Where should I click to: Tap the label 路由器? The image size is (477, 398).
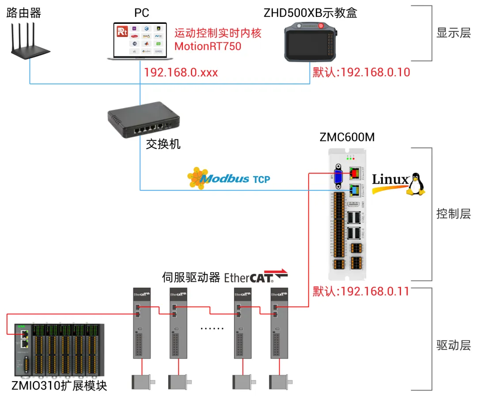tap(24, 13)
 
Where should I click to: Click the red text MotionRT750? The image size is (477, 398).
tap(208, 45)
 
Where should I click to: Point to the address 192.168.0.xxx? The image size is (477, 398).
tap(181, 72)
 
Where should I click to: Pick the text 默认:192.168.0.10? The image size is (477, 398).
tap(361, 72)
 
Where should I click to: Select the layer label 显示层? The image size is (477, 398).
tap(454, 33)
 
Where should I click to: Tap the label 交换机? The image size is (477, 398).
tap(163, 144)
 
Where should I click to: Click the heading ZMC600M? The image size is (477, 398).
tap(347, 137)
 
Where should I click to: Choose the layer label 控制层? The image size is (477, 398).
tap(454, 214)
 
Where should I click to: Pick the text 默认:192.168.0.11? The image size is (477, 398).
tap(361, 291)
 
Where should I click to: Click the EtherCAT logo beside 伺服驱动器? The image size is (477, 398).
tap(256, 277)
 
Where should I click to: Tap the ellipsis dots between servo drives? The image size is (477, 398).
tap(212, 328)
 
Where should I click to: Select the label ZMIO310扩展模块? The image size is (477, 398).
tap(60, 386)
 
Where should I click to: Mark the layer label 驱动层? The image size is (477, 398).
tap(454, 345)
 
